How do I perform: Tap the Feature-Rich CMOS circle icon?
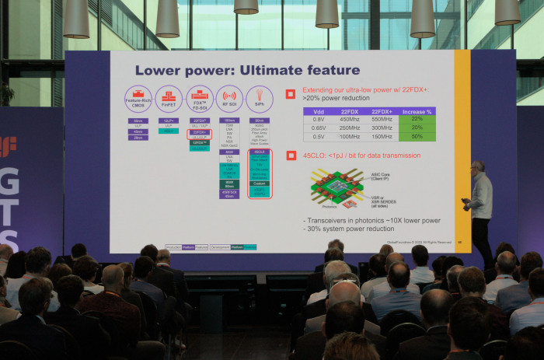138,99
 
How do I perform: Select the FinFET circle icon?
168,99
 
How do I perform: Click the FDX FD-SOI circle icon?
200,99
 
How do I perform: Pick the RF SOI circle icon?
229,99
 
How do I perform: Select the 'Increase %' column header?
416,111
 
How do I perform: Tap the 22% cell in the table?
416,119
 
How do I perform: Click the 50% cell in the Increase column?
416,137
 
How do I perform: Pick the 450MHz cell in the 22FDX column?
348,119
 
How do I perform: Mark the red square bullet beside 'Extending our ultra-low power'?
290,94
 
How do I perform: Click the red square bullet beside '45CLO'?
290,156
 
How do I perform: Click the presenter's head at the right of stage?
477,167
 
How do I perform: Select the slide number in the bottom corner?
459,242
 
